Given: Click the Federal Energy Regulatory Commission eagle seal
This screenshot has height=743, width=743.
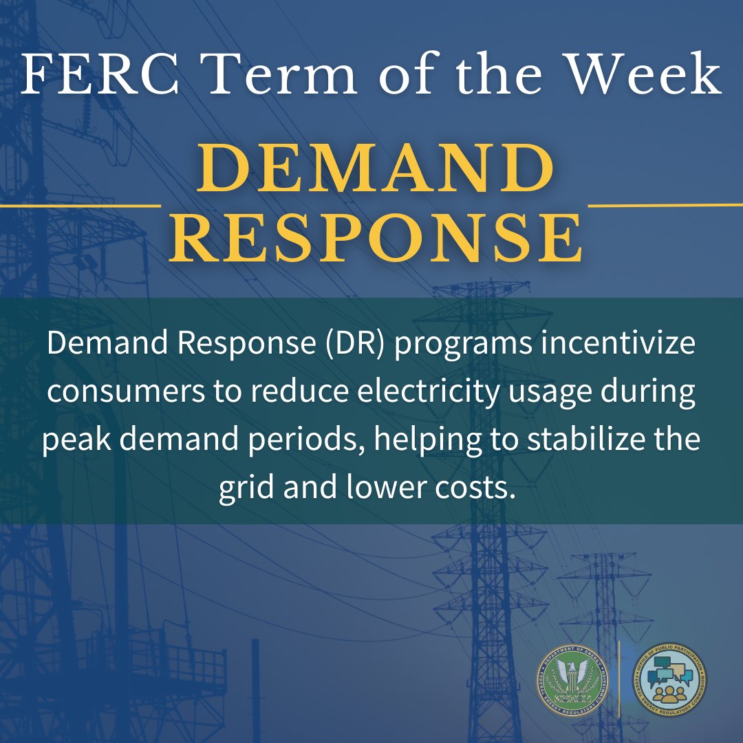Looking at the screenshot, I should (574, 680).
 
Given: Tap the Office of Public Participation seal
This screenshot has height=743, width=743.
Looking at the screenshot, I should (669, 680).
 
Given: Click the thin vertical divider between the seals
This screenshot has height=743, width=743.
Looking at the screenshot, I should (621, 680).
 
